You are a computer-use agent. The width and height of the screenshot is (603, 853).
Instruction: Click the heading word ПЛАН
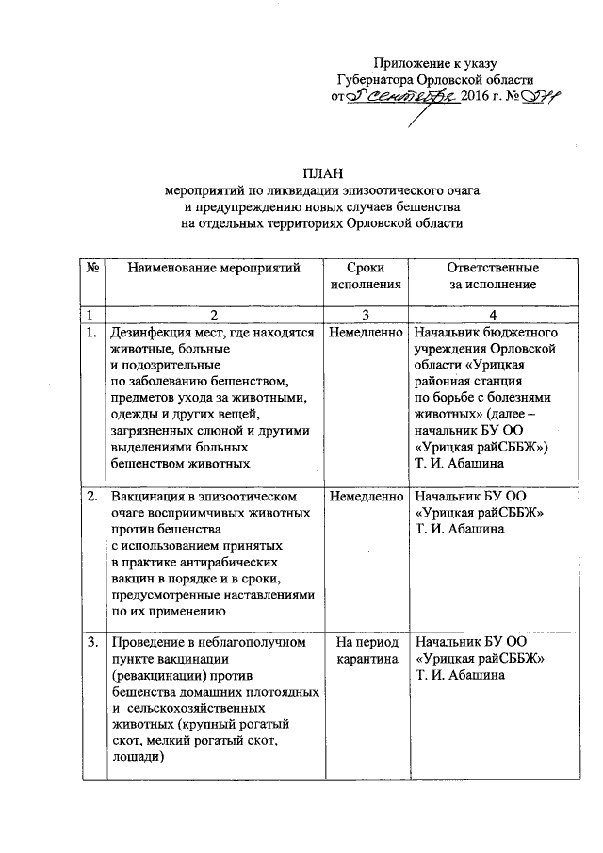(323, 172)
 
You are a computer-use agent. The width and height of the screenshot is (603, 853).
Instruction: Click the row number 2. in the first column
(91, 496)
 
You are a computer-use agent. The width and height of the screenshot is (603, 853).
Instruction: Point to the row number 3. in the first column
(91, 643)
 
